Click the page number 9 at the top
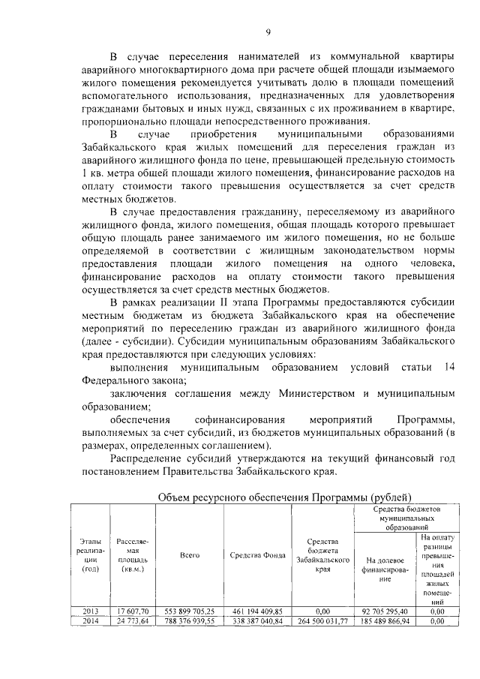point(267,31)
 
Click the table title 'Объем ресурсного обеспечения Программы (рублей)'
point(286,497)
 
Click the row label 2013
point(91,611)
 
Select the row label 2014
point(91,621)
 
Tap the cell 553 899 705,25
point(188,611)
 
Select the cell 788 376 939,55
point(188,621)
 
